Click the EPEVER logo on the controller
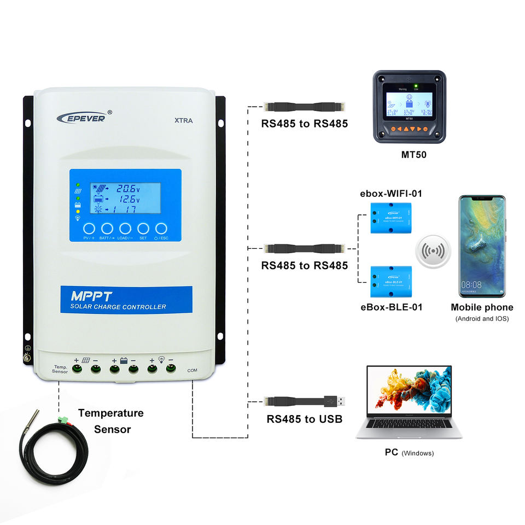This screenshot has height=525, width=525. pos(85,116)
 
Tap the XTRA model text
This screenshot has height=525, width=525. pos(183,121)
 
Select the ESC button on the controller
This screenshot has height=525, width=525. pos(161,228)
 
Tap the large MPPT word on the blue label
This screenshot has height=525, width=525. pos(92,296)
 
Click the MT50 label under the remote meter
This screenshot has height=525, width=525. pos(413,155)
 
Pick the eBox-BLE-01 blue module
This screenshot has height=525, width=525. pos(390,279)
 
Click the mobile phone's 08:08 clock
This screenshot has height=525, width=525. pos(471,285)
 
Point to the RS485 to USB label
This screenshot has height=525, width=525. pos(304,419)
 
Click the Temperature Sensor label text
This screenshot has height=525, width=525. pos(111,421)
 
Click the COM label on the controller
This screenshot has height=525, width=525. pos(192,371)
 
